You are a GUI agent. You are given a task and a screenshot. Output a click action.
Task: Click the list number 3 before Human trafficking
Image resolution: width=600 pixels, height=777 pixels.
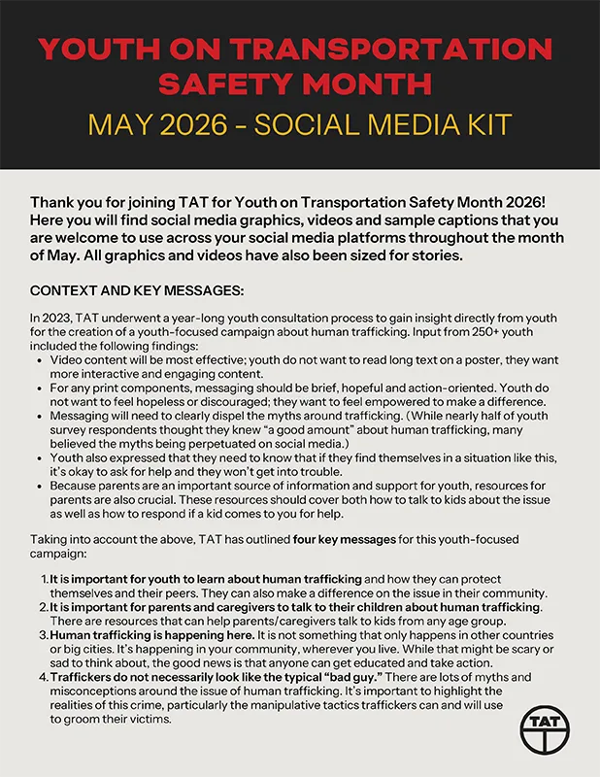click(x=45, y=634)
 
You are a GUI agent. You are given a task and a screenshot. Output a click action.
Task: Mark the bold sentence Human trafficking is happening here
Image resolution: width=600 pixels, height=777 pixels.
click(x=144, y=634)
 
